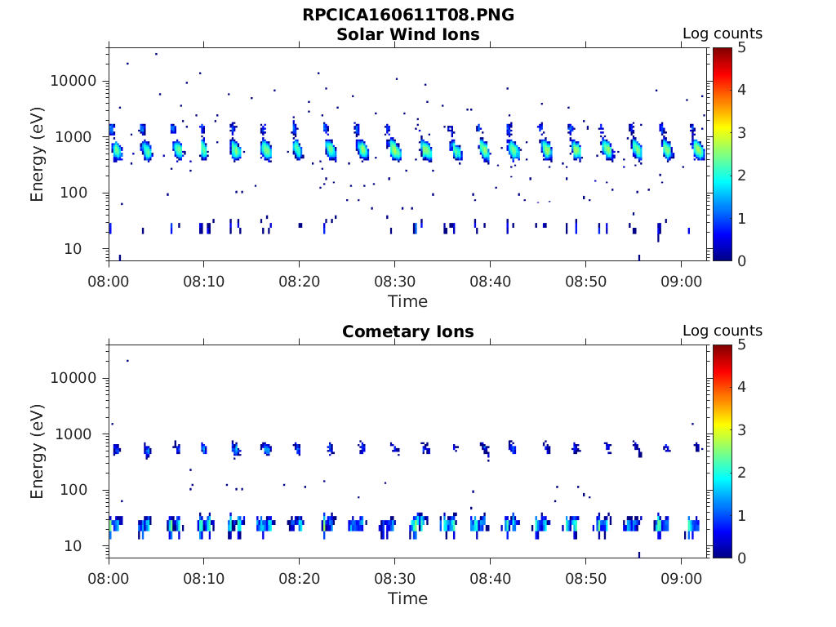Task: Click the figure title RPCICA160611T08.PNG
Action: [x=407, y=16]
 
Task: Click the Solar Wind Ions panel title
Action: [x=407, y=34]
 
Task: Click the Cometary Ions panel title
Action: [x=407, y=331]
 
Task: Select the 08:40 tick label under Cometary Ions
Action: [x=490, y=579]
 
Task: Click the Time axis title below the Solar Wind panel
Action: [x=407, y=301]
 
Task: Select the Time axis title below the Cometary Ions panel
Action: [x=407, y=598]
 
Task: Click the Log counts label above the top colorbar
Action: [x=722, y=34]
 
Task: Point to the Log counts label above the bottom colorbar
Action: [x=722, y=331]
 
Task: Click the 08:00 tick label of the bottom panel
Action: [x=109, y=579]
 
